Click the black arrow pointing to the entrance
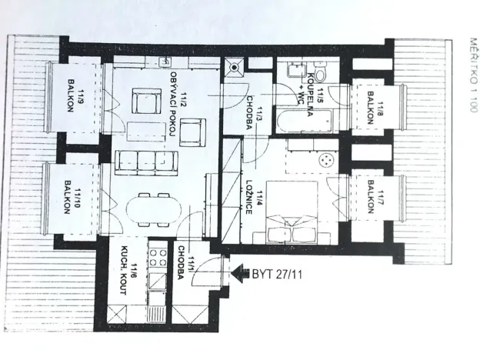242,271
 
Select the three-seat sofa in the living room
145,162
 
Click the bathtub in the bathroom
309,122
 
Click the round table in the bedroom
325,160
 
